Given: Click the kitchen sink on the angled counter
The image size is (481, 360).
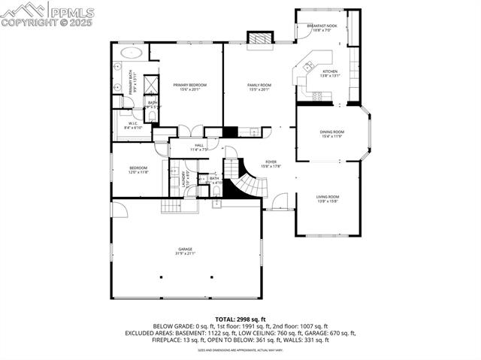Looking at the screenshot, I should [x=307, y=68].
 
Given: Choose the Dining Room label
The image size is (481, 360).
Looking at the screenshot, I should [x=331, y=134].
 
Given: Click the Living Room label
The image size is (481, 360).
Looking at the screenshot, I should [x=327, y=198].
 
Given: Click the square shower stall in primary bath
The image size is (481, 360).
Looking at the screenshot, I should [x=150, y=83].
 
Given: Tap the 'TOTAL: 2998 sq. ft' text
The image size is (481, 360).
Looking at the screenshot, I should [x=240, y=319].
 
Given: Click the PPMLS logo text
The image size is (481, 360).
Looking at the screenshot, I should [x=73, y=11].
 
